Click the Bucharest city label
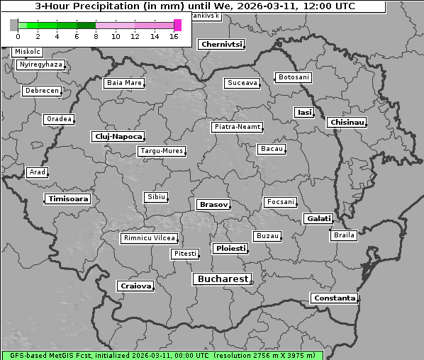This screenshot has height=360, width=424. (223, 279)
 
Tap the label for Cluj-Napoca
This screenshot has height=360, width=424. (118, 136)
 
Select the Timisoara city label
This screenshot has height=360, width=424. (68, 199)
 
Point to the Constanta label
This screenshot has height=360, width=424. (334, 298)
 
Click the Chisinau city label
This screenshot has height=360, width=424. (347, 123)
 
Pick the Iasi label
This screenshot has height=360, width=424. (304, 113)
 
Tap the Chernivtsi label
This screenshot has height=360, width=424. (221, 45)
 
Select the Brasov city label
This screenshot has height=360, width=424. (213, 205)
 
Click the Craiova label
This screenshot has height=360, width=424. (135, 286)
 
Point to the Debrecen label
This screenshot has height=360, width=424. (41, 91)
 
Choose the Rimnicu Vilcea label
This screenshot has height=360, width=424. (149, 238)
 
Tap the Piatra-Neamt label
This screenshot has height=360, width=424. (237, 127)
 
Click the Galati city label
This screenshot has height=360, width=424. (318, 219)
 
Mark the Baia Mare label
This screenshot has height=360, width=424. (124, 83)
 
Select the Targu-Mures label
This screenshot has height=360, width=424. (162, 151)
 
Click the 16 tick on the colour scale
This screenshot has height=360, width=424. (174, 36)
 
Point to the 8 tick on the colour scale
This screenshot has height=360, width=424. (96, 36)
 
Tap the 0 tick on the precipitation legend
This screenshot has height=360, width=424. (18, 36)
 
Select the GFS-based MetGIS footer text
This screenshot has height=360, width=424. (162, 355)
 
